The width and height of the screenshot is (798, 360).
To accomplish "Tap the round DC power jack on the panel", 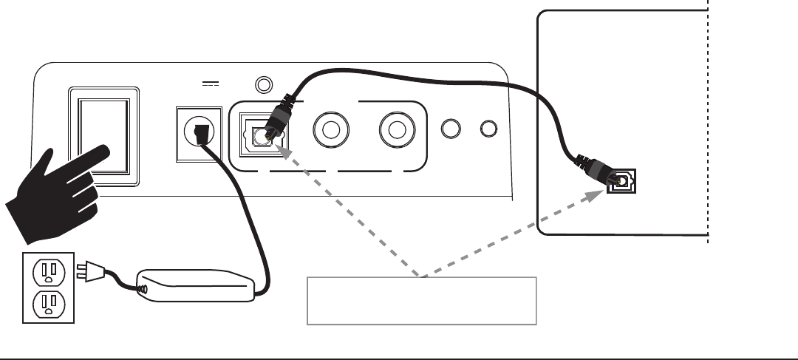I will (x=198, y=134).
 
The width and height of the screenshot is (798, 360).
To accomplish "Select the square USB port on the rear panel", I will (x=258, y=135).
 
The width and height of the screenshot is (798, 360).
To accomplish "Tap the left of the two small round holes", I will (x=449, y=129).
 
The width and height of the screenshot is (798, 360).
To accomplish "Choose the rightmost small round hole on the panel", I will (x=488, y=129).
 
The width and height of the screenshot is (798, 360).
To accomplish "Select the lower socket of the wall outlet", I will (x=49, y=303).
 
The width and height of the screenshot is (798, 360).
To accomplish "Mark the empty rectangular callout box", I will (x=420, y=301).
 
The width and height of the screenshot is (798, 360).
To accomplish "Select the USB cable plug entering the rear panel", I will (x=278, y=119).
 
